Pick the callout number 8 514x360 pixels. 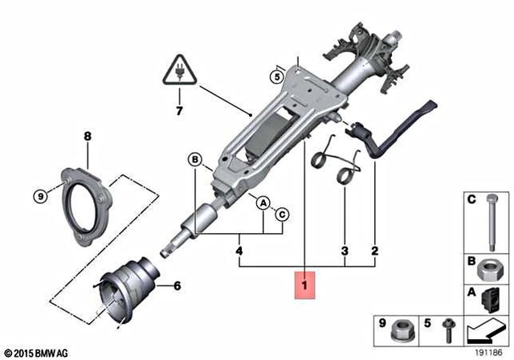(86, 138)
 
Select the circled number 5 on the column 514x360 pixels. (277, 77)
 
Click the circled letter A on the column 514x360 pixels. (263, 204)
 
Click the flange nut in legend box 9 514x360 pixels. (399, 329)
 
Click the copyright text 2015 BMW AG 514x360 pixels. (36, 353)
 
